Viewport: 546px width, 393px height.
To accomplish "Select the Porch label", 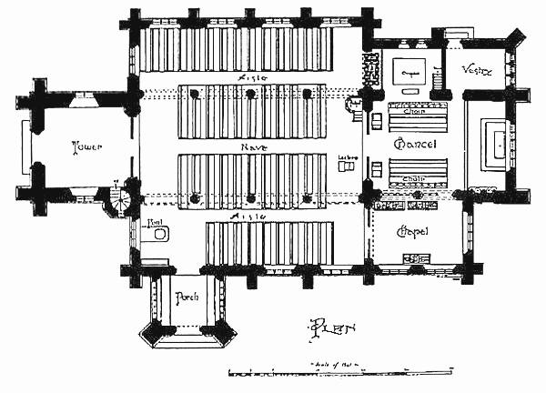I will pos(187,297).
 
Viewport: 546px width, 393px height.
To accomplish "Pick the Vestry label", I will pos(478,69).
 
